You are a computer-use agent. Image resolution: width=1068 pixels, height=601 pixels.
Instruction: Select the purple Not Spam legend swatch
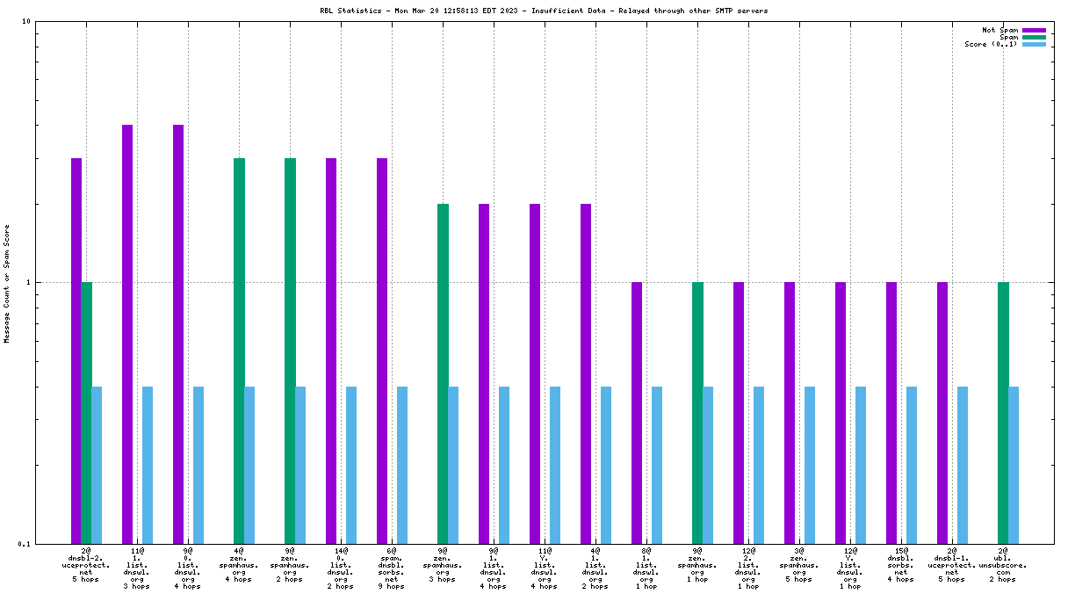(1034, 30)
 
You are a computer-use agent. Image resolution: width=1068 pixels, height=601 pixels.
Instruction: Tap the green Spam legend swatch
(1034, 37)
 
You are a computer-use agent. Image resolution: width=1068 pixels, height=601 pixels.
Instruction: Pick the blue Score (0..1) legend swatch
(1034, 44)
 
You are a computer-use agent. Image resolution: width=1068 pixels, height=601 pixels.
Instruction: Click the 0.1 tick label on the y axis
(24, 544)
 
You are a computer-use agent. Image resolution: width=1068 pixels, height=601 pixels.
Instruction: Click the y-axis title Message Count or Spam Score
(7, 283)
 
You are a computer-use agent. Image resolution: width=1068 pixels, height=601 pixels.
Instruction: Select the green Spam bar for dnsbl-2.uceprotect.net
(86, 412)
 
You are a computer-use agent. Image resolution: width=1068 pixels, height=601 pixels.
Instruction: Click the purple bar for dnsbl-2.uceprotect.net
(76, 351)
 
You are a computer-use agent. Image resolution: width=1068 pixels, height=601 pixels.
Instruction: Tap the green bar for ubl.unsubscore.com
(1003, 412)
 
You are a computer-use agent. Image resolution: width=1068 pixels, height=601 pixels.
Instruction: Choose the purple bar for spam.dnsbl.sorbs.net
(382, 351)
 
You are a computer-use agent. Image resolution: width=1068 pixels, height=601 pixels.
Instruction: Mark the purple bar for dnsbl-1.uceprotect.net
(942, 412)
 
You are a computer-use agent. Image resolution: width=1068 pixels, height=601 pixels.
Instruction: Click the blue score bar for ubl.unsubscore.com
(1014, 465)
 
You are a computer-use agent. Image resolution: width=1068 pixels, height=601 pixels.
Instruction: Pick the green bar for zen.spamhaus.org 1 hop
(697, 412)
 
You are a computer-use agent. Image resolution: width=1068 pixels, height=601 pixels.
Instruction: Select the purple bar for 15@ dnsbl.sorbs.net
(891, 412)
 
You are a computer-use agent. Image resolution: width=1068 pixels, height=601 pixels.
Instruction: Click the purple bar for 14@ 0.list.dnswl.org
(331, 351)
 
